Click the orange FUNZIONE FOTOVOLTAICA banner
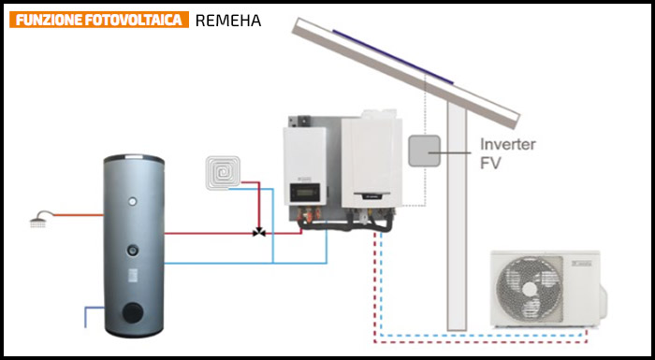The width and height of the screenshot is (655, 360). (x=99, y=20)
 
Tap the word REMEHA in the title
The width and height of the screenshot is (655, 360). (x=228, y=21)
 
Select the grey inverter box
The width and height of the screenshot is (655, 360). (x=424, y=151)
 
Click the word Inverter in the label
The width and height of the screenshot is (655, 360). (x=507, y=145)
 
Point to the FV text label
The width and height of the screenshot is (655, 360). (x=490, y=164)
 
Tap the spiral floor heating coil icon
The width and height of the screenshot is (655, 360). (x=223, y=172)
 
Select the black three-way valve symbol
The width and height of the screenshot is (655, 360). (x=259, y=232)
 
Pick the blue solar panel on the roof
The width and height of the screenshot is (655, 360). (x=393, y=56)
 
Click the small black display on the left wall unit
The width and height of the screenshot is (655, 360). (x=305, y=193)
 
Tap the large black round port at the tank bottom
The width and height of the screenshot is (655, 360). (x=133, y=313)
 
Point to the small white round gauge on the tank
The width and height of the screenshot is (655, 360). (x=133, y=201)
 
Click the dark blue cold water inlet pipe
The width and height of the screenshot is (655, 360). (x=92, y=315)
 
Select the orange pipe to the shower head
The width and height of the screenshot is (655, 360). (x=79, y=215)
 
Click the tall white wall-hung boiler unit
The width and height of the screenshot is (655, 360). (x=371, y=161)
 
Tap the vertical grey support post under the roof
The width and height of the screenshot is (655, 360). (x=457, y=216)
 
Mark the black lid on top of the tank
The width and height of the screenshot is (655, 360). (x=134, y=158)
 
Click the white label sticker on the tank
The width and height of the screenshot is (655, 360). (x=133, y=274)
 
